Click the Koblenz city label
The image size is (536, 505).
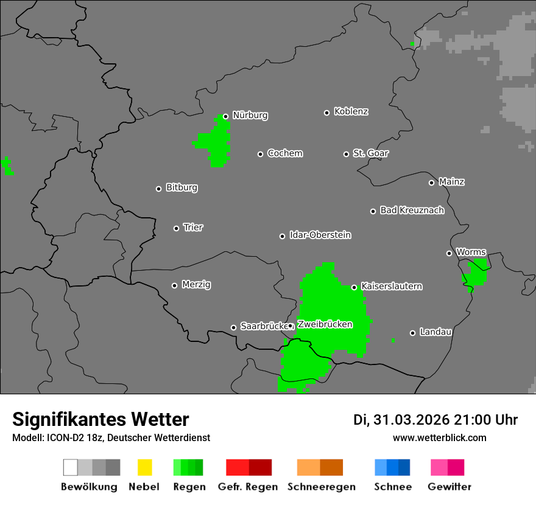(x=351, y=111)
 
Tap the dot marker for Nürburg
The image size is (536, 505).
(x=225, y=116)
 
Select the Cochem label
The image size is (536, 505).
(x=285, y=153)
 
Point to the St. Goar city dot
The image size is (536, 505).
(x=346, y=154)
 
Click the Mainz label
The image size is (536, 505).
(x=451, y=181)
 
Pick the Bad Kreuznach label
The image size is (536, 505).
(x=412, y=210)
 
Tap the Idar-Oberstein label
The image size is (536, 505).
(x=320, y=235)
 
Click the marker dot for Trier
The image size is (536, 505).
(x=177, y=228)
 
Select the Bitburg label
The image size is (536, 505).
(x=182, y=187)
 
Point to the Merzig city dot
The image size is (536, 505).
(x=174, y=285)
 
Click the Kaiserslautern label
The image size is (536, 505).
(x=392, y=286)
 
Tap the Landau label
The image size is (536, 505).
(x=435, y=332)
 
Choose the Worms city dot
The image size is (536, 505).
(x=449, y=253)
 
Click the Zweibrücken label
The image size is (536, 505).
(x=325, y=324)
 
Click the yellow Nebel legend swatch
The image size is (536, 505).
(x=144, y=467)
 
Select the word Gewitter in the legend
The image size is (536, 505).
(x=450, y=487)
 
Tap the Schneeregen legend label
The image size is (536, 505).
(x=322, y=487)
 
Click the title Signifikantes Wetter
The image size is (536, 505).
(x=100, y=419)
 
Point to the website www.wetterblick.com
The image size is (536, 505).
(x=439, y=437)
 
